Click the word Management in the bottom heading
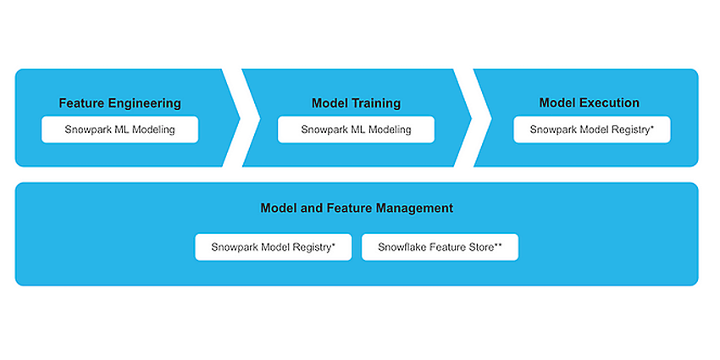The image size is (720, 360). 415,208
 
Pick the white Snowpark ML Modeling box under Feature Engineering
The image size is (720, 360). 119,130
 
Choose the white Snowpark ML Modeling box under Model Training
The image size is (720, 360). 356,130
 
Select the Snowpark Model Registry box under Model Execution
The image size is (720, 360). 592,130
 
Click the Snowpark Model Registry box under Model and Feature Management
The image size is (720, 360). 274,247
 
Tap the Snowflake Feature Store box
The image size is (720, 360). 440,247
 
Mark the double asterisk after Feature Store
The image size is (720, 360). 498,245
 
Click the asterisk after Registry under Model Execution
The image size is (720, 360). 652,127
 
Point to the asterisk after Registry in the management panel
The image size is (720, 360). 334,245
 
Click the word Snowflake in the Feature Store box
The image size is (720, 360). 398,247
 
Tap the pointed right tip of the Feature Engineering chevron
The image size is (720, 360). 240,118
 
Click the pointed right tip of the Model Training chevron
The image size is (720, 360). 471,118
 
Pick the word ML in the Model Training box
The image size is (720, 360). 357,130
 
